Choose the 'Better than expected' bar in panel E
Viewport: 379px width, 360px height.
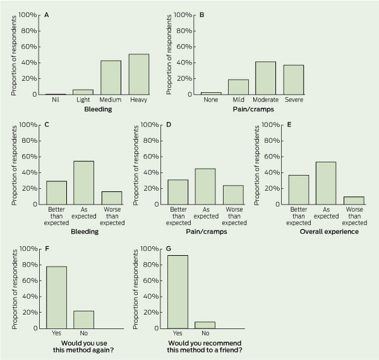(x=298, y=189)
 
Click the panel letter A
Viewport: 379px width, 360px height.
(x=47, y=13)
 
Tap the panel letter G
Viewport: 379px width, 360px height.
(x=170, y=248)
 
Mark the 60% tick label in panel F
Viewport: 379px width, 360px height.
(x=26, y=280)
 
